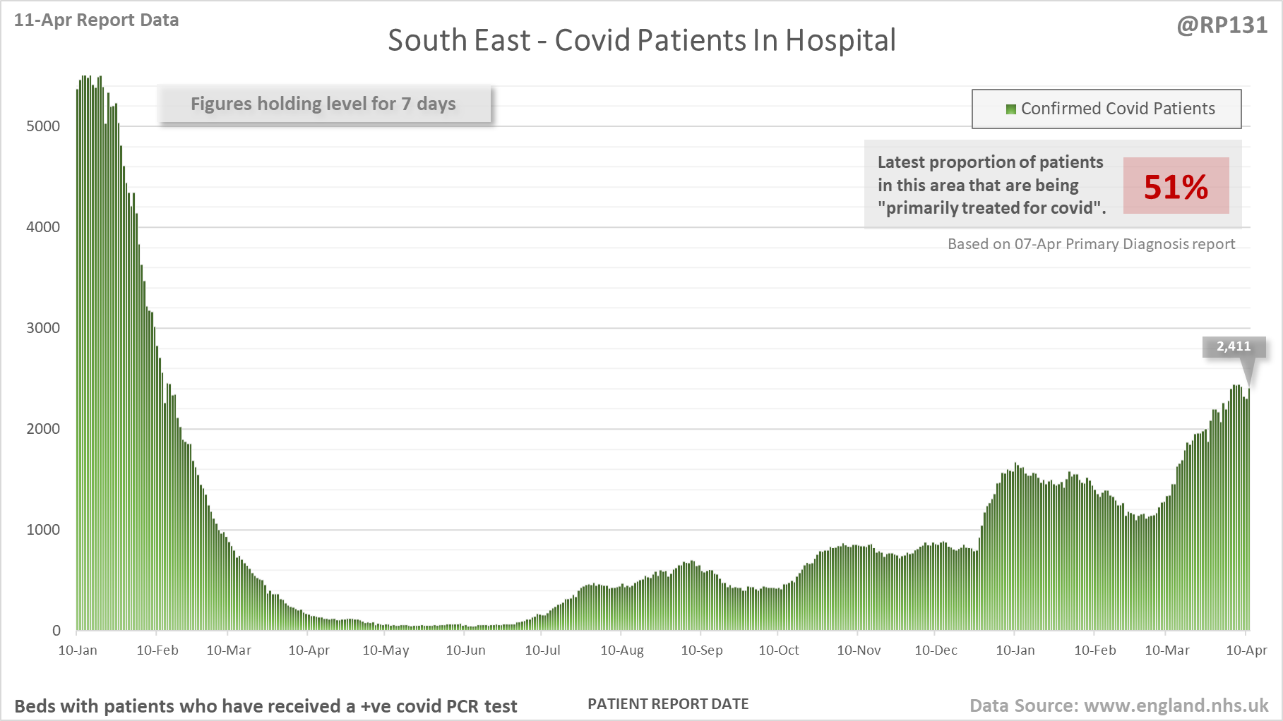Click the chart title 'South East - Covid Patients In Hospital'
[x=641, y=40]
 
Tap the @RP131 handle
[x=1222, y=25]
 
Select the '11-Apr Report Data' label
[x=96, y=20]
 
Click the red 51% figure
[x=1176, y=187]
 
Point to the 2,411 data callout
[x=1233, y=346]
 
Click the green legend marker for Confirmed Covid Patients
[x=1010, y=109]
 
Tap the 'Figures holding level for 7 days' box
[x=323, y=104]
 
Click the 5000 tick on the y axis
[x=43, y=126]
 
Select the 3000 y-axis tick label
[x=43, y=328]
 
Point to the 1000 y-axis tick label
[x=43, y=530]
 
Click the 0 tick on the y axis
[x=56, y=631]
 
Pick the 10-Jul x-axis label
[x=542, y=650]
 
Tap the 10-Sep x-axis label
[x=701, y=650]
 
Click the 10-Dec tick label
[x=936, y=650]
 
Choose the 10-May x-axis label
[x=386, y=650]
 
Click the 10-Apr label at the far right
[x=1246, y=650]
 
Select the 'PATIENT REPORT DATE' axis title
[x=668, y=704]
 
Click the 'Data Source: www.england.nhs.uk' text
[x=1118, y=705]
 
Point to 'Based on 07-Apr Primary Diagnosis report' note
[x=1091, y=244]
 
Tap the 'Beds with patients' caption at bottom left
[x=265, y=706]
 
